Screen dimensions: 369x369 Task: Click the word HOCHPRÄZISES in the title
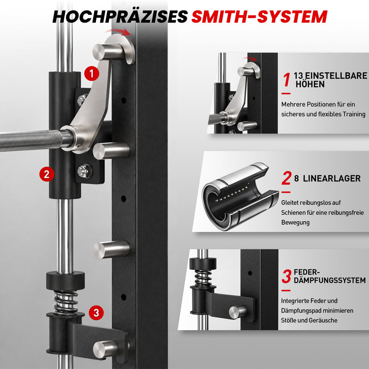click(120, 17)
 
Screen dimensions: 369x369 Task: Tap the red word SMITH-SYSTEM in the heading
click(259, 17)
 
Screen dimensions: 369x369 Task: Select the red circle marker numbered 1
click(92, 74)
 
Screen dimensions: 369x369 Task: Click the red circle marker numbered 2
click(47, 174)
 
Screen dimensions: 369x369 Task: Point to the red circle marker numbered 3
click(96, 313)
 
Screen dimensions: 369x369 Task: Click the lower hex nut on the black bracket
click(85, 171)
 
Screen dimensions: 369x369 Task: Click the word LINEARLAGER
click(332, 179)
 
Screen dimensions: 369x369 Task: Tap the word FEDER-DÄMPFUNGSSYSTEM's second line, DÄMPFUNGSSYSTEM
click(330, 280)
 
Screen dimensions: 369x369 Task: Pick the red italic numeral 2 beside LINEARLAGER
click(286, 178)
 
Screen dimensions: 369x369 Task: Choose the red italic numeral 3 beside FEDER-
click(286, 276)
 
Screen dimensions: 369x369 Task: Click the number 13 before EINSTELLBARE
click(298, 76)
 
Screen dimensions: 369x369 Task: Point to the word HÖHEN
click(310, 84)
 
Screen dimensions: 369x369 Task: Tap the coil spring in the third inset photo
click(202, 278)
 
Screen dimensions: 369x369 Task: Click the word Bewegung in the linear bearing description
click(295, 222)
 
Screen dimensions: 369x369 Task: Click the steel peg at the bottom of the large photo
click(106, 349)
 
